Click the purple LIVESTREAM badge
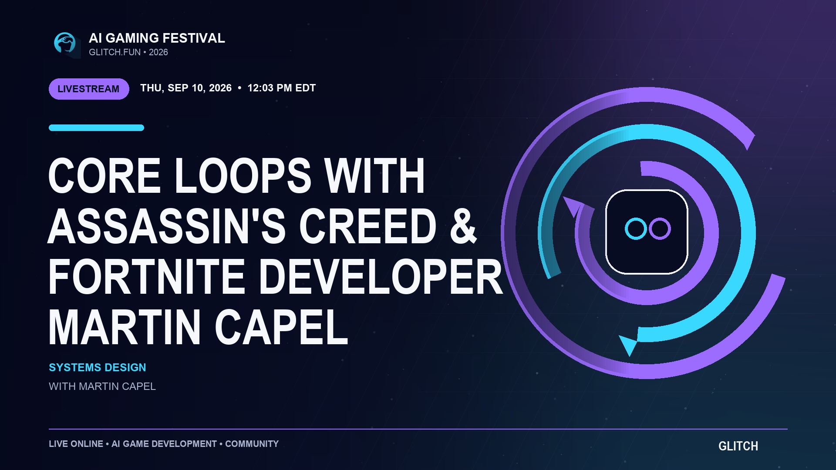[x=89, y=89]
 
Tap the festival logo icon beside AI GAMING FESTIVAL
[x=65, y=44]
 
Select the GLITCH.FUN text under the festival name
[x=115, y=52]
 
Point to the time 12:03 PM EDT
[x=281, y=88]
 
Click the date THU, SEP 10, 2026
[x=186, y=88]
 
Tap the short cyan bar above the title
[x=96, y=128]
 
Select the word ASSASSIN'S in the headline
[x=166, y=226]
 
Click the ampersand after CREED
[x=464, y=226]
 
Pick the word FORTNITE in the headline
[x=146, y=277]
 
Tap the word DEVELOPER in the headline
[x=381, y=277]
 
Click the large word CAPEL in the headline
[x=281, y=327]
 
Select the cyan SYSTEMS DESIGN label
[x=97, y=368]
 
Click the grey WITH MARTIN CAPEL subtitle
[x=102, y=386]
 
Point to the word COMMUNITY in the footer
[x=252, y=444]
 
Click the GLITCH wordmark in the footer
[x=738, y=446]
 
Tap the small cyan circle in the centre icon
[x=636, y=228]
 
